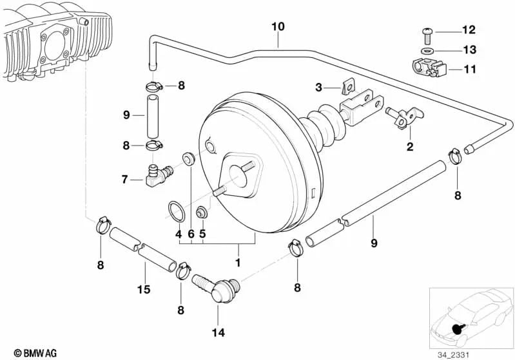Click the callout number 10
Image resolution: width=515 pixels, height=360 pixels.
click(x=278, y=26)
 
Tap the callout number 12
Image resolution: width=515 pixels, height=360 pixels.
click(x=468, y=30)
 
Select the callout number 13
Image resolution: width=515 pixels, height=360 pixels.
click(x=468, y=50)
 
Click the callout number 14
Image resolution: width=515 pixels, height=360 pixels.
click(x=218, y=334)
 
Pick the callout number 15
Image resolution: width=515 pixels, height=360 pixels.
click(x=144, y=290)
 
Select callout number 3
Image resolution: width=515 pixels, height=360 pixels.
click(x=318, y=87)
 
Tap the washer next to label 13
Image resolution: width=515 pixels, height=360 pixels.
click(x=427, y=50)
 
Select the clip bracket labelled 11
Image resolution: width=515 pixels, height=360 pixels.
click(x=426, y=68)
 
